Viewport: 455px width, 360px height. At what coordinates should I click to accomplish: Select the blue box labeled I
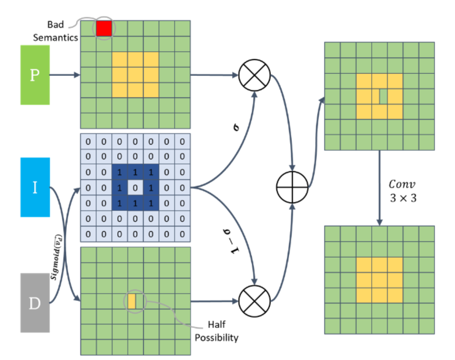35,187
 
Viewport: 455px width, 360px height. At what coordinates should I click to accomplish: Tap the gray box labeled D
35,303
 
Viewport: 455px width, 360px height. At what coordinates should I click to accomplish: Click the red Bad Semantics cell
104,28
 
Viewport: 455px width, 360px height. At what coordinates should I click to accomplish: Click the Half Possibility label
216,331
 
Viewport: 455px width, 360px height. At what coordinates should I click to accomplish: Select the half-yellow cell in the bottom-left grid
131,301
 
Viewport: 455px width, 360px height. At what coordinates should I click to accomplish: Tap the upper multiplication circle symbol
254,75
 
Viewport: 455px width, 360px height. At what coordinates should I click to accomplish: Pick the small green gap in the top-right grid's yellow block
383,96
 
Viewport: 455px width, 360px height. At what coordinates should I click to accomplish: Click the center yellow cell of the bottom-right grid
379,280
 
